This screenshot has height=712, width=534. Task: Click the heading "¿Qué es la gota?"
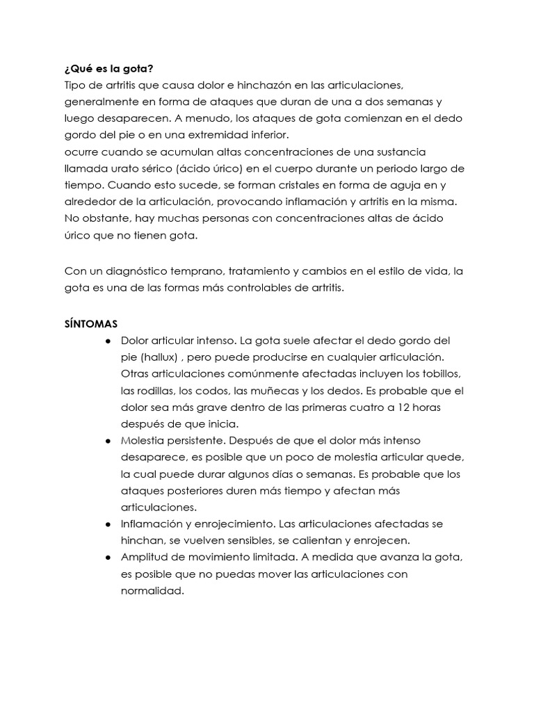tap(108, 68)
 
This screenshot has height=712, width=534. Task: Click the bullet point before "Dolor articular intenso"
tap(109, 341)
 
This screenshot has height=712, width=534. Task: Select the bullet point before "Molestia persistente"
tap(109, 441)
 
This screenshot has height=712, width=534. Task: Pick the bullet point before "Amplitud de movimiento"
tap(109, 558)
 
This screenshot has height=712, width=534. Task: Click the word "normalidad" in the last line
tap(150, 591)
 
